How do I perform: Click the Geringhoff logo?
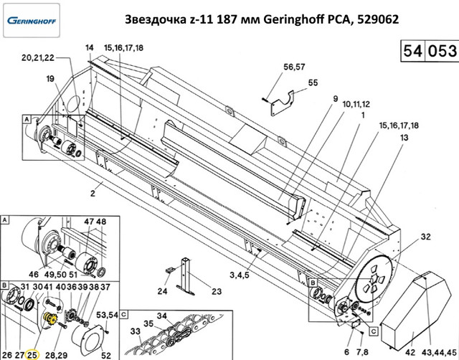tap(32, 21)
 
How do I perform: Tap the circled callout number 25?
tap(32, 355)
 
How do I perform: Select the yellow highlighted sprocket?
tap(49, 319)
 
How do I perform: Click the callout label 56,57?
tap(294, 67)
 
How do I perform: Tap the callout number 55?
tap(313, 83)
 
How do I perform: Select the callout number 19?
tap(50, 79)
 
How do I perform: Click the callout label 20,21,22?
tap(38, 57)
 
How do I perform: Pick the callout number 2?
tap(93, 194)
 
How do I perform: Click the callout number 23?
tap(217, 291)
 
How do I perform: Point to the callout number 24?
tap(162, 291)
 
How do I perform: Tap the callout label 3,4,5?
tap(239, 275)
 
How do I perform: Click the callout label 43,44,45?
tap(439, 352)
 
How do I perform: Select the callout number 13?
tap(404, 137)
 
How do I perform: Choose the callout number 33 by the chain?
tap(136, 331)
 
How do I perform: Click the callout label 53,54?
tap(107, 316)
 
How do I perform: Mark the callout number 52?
tap(106, 355)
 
